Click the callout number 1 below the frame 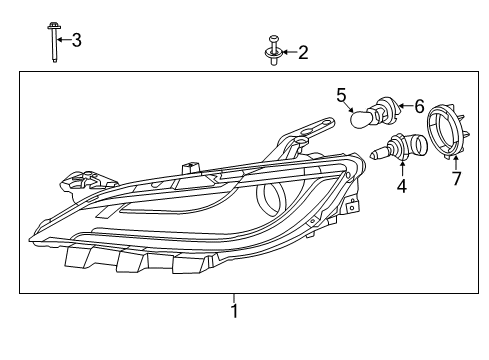click(x=234, y=312)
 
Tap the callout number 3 click(x=76, y=40)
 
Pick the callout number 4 click(x=402, y=185)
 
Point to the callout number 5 click(x=341, y=95)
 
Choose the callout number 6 click(x=419, y=105)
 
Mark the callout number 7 click(x=457, y=179)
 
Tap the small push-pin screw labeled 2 click(x=272, y=51)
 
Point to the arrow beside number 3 click(x=62, y=40)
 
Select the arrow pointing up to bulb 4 click(x=402, y=171)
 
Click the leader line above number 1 click(x=234, y=298)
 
